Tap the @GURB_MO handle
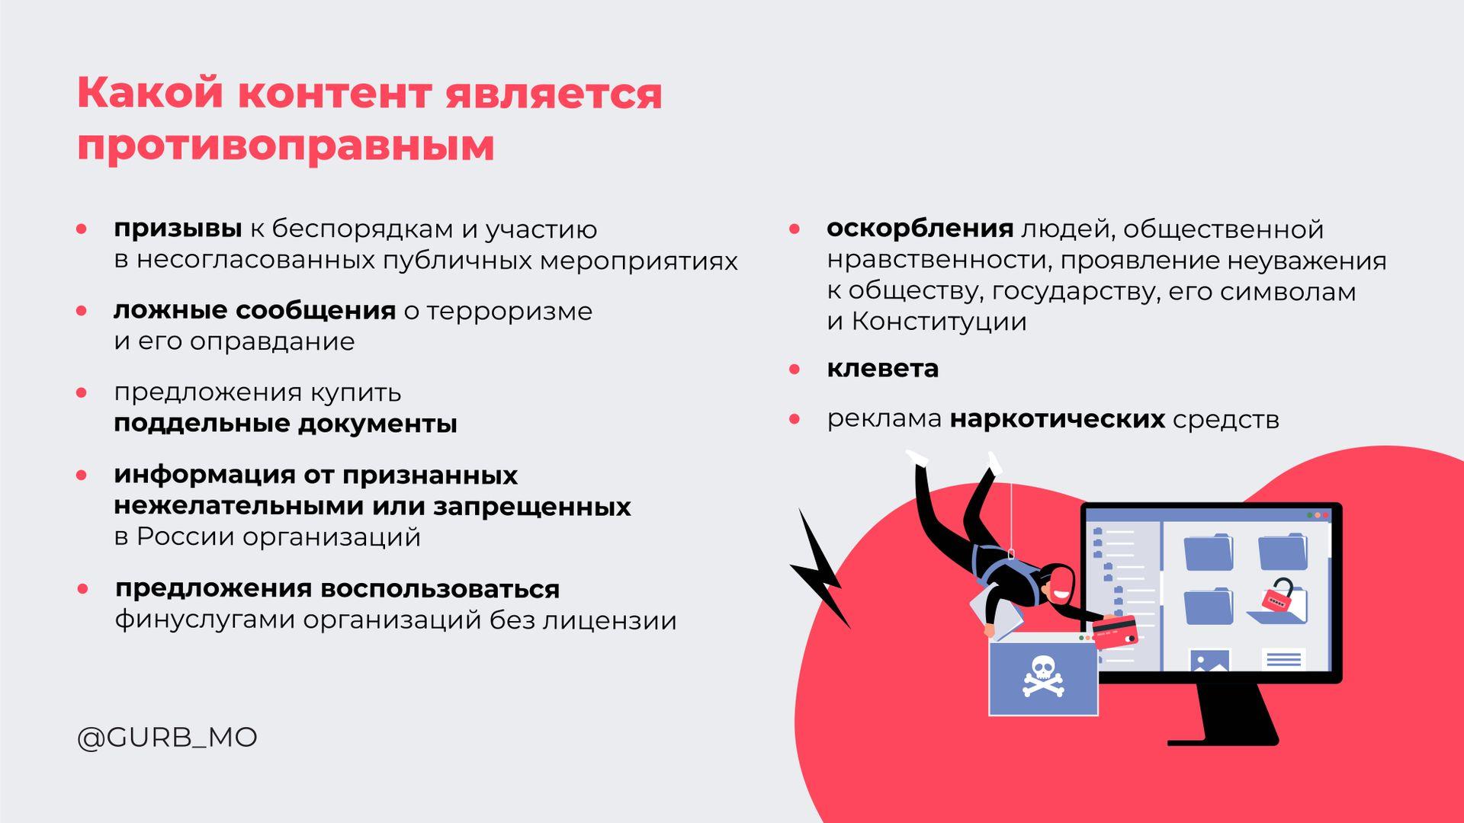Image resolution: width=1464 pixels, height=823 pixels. tap(167, 738)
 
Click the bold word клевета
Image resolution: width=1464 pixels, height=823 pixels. tap(882, 369)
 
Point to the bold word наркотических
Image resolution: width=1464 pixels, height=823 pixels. tap(1058, 419)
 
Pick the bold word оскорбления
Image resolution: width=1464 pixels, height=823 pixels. tap(920, 229)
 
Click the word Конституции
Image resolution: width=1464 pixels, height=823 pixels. tap(939, 322)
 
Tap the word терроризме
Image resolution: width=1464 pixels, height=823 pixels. tap(509, 311)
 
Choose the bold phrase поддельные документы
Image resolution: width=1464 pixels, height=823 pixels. tap(286, 424)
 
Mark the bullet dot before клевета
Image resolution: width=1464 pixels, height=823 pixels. tap(795, 370)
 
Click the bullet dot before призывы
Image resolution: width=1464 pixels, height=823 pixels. tap(82, 229)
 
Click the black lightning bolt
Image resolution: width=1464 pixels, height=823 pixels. tap(820, 568)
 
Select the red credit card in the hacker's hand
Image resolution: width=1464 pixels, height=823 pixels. tap(1114, 632)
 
